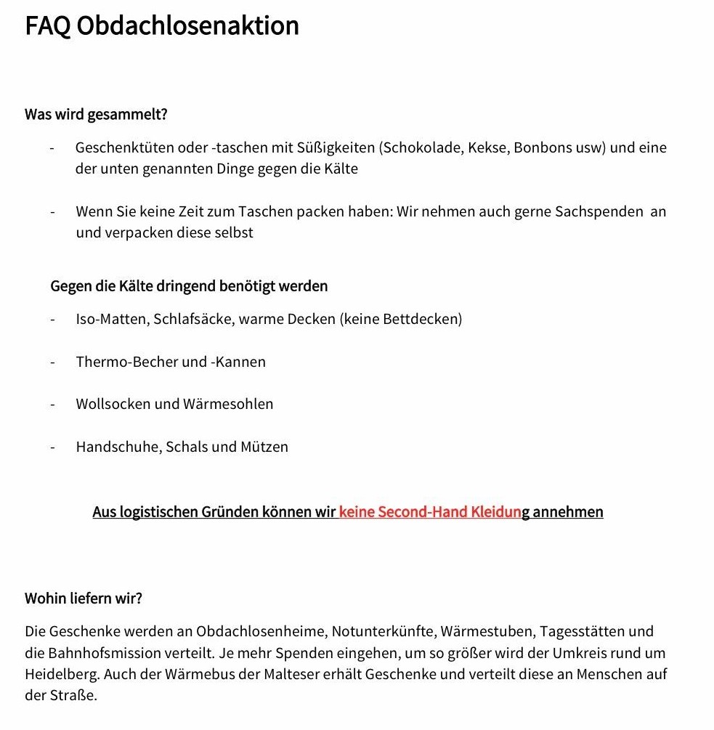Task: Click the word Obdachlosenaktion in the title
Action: point(187,26)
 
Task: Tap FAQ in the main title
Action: point(47,26)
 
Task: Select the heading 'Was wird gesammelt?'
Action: point(97,115)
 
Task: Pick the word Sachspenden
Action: point(599,212)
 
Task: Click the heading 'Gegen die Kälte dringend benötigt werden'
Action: point(189,286)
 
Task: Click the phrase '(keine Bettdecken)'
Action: point(401,319)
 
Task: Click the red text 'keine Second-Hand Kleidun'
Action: point(430,512)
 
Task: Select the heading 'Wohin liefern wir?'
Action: point(84,599)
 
